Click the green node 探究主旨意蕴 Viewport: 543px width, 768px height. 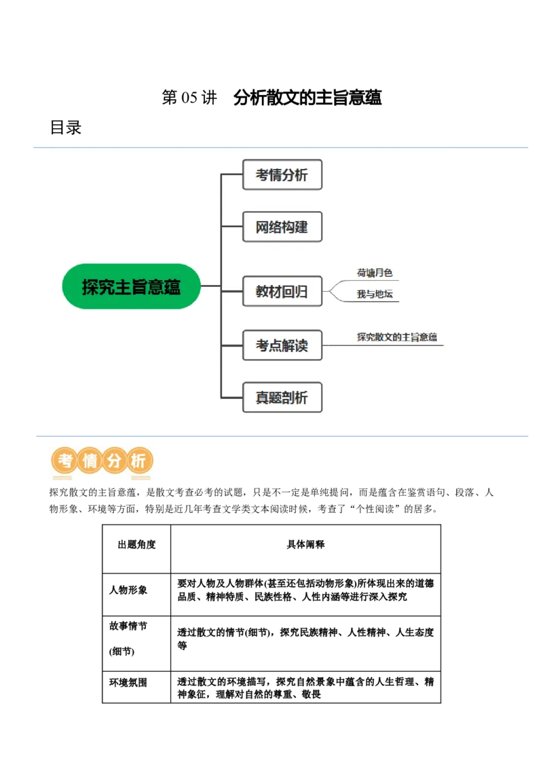pyautogui.click(x=132, y=286)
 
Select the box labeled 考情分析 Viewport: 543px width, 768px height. pyautogui.click(x=282, y=175)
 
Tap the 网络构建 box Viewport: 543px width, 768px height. pyautogui.click(x=282, y=227)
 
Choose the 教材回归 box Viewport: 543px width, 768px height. pyautogui.click(x=282, y=292)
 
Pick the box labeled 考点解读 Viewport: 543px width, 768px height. pyautogui.click(x=282, y=345)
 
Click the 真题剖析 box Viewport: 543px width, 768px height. pyautogui.click(x=282, y=398)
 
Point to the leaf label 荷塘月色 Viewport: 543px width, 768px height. pyautogui.click(x=375, y=273)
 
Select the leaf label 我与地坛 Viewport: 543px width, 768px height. pyautogui.click(x=375, y=294)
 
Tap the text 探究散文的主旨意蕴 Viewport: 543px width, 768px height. pyautogui.click(x=397, y=337)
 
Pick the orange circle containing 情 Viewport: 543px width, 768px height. pyautogui.click(x=90, y=461)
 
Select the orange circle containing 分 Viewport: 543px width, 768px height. pyautogui.click(x=114, y=461)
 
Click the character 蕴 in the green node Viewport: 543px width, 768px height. pyautogui.click(x=172, y=287)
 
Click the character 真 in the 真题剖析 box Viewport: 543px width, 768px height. pyautogui.click(x=262, y=398)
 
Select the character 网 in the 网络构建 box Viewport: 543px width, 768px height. pyautogui.click(x=262, y=227)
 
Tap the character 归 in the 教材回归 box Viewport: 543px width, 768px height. pyautogui.click(x=301, y=292)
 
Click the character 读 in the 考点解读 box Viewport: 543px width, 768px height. pyautogui.click(x=301, y=345)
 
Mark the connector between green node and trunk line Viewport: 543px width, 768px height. pyautogui.click(x=211, y=286)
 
